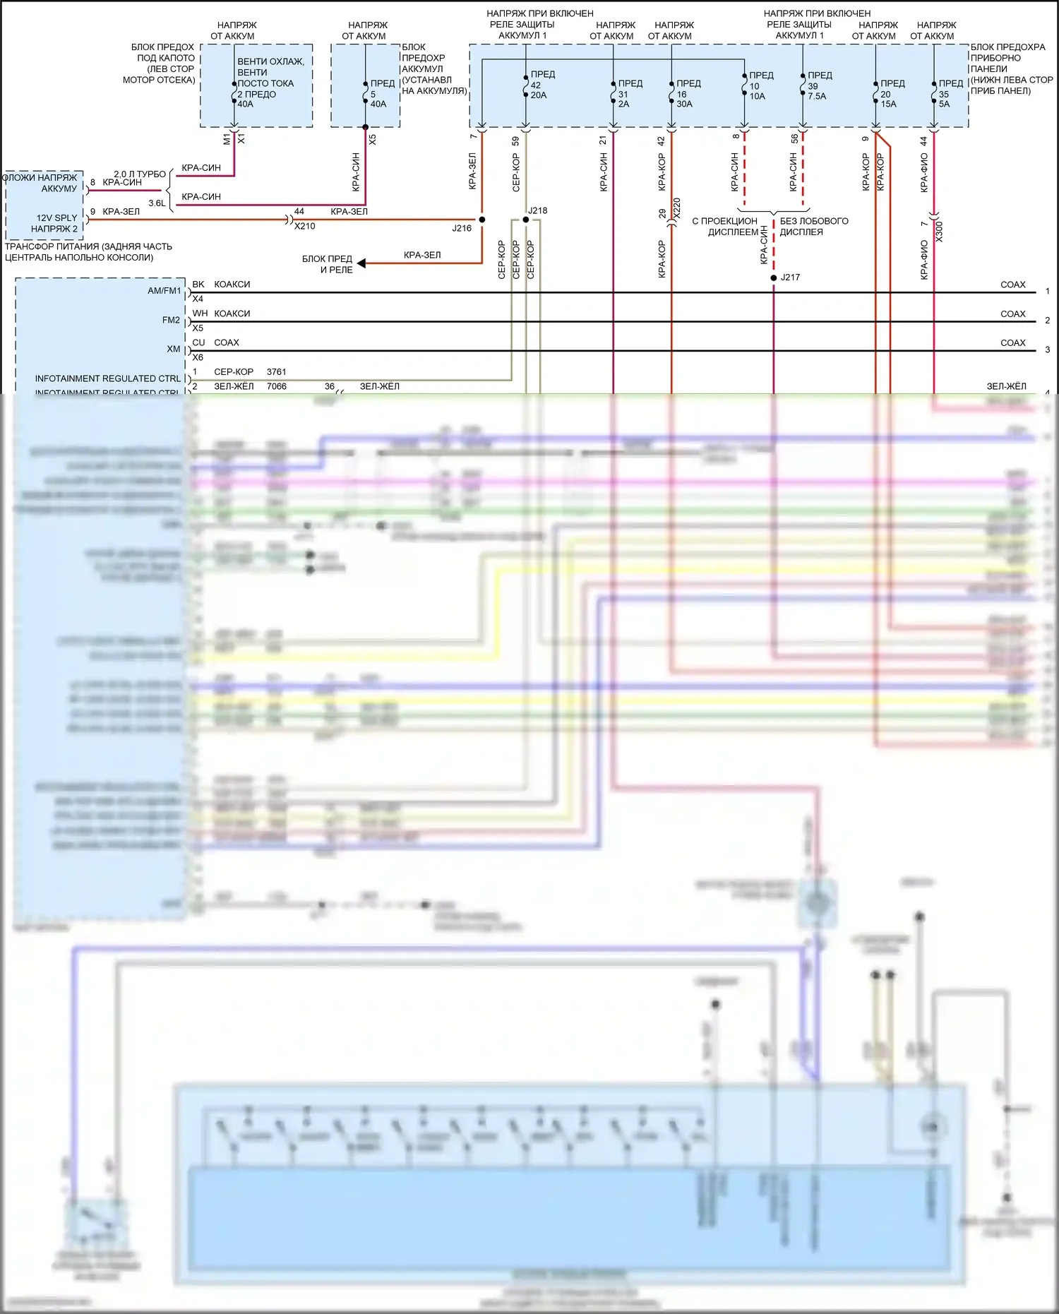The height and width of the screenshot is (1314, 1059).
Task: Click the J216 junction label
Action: pyautogui.click(x=462, y=228)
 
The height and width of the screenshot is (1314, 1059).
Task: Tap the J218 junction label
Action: pyautogui.click(x=537, y=210)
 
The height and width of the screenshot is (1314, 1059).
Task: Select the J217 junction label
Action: pyautogui.click(x=790, y=277)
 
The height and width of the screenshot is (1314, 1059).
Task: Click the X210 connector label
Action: pyautogui.click(x=304, y=226)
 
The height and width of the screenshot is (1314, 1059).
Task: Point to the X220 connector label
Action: pyautogui.click(x=676, y=207)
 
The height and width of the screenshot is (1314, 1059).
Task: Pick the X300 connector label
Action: pyautogui.click(x=938, y=232)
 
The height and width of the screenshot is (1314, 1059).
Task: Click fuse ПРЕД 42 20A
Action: pyautogui.click(x=538, y=85)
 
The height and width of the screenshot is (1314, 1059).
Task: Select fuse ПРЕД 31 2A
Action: pyautogui.click(x=626, y=93)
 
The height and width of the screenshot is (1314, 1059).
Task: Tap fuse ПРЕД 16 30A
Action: pyautogui.click(x=684, y=93)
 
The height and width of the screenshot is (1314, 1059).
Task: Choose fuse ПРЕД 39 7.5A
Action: pyautogui.click(x=817, y=85)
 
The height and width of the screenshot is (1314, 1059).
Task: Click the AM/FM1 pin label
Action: pyautogui.click(x=164, y=291)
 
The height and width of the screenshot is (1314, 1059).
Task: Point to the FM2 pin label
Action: pyautogui.click(x=171, y=320)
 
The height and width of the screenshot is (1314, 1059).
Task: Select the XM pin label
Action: pyautogui.click(x=174, y=349)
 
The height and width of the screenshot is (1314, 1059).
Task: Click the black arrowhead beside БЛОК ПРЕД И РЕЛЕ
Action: pyautogui.click(x=361, y=263)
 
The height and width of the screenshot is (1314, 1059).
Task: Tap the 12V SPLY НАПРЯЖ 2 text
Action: pyautogui.click(x=54, y=223)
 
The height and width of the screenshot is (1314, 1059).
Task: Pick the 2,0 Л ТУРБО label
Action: pyautogui.click(x=140, y=174)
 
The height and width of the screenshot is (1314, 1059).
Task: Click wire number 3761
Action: pyautogui.click(x=277, y=371)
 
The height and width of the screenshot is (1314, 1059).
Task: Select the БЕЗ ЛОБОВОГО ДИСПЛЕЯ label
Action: pyautogui.click(x=813, y=226)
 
